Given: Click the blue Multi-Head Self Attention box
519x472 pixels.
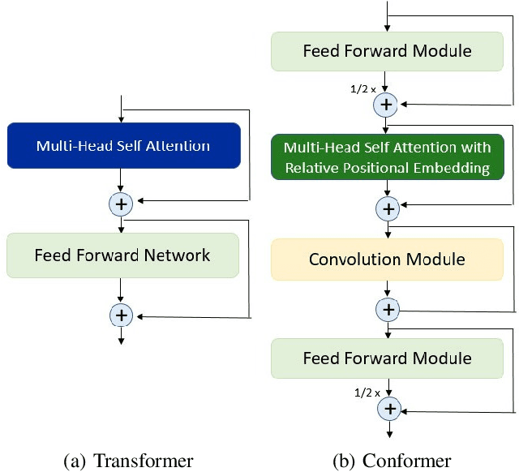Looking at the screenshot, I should tap(122, 146).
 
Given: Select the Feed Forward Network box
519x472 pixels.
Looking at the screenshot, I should tap(122, 255).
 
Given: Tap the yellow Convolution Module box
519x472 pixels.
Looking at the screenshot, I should tap(387, 260).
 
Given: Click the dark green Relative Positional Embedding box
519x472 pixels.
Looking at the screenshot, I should tap(387, 157).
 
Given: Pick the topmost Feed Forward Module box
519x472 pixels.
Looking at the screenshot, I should tap(387, 51).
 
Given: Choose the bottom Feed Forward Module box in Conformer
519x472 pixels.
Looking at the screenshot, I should tap(387, 358).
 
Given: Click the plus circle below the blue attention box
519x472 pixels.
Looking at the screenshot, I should tap(121, 204).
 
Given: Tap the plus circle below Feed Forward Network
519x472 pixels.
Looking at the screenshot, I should tap(121, 314).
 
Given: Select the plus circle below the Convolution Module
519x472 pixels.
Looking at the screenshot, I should tap(388, 310).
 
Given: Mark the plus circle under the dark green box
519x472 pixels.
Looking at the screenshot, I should tap(388, 208).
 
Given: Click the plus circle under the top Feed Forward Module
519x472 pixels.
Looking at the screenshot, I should tap(387, 104).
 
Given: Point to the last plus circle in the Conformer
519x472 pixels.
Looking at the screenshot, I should tap(388, 409).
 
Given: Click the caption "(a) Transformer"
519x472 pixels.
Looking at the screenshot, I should tap(128, 461).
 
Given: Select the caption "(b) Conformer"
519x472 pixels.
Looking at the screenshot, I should tap(392, 461).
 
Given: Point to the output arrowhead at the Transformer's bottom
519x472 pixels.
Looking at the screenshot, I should tap(121, 341).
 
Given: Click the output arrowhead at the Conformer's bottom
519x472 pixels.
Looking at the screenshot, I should tap(388, 435).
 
